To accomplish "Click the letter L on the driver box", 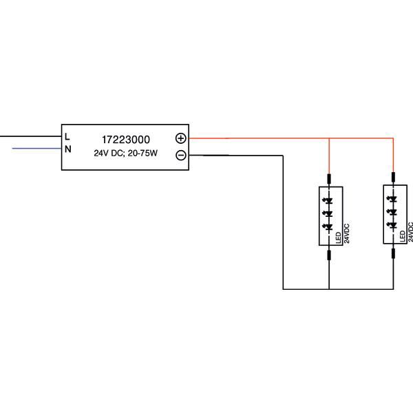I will tap(67, 136).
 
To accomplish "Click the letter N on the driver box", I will tap(67, 148).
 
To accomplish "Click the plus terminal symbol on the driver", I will tap(180, 138).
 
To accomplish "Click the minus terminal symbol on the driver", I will tap(180, 155).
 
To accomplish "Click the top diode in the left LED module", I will tap(329, 201).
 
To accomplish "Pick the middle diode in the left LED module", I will tap(329, 213).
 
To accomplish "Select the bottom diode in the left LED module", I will tap(329, 226).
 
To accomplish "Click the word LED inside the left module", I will tap(338, 237).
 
